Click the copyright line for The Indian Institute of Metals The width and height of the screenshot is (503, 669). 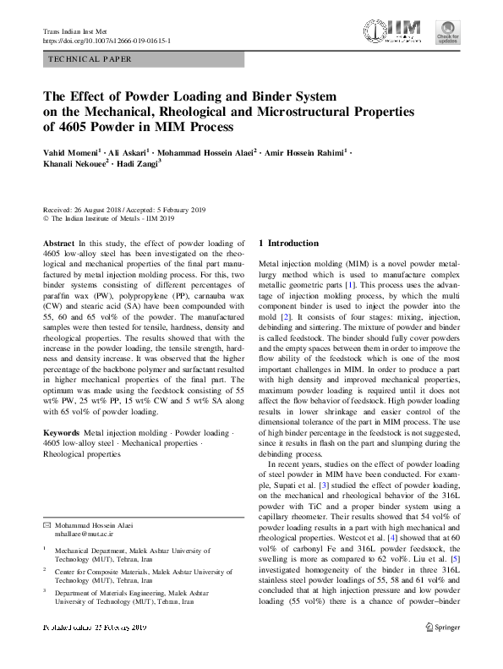click(x=108, y=218)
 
